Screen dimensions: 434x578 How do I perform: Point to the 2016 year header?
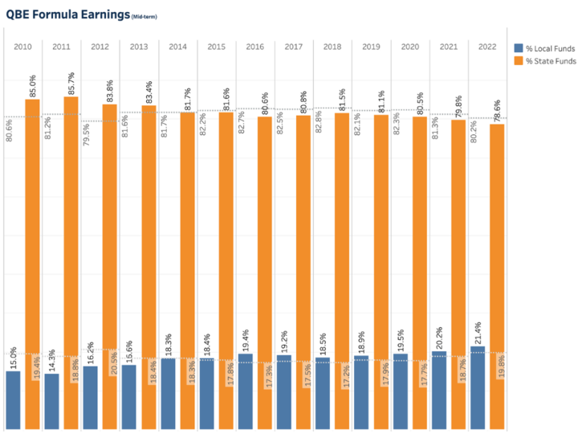[x=254, y=47]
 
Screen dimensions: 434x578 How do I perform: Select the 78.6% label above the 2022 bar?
[x=498, y=108]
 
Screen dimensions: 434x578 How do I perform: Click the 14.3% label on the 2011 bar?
[x=51, y=358]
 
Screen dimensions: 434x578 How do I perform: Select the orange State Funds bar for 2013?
[x=149, y=266]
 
